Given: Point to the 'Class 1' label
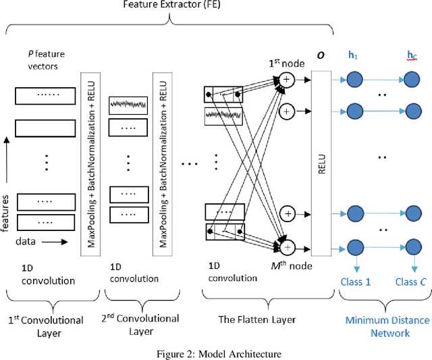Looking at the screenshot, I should [x=354, y=282].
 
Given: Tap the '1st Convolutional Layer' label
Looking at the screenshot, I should [x=46, y=326].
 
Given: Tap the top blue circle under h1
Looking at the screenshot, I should [x=353, y=80].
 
